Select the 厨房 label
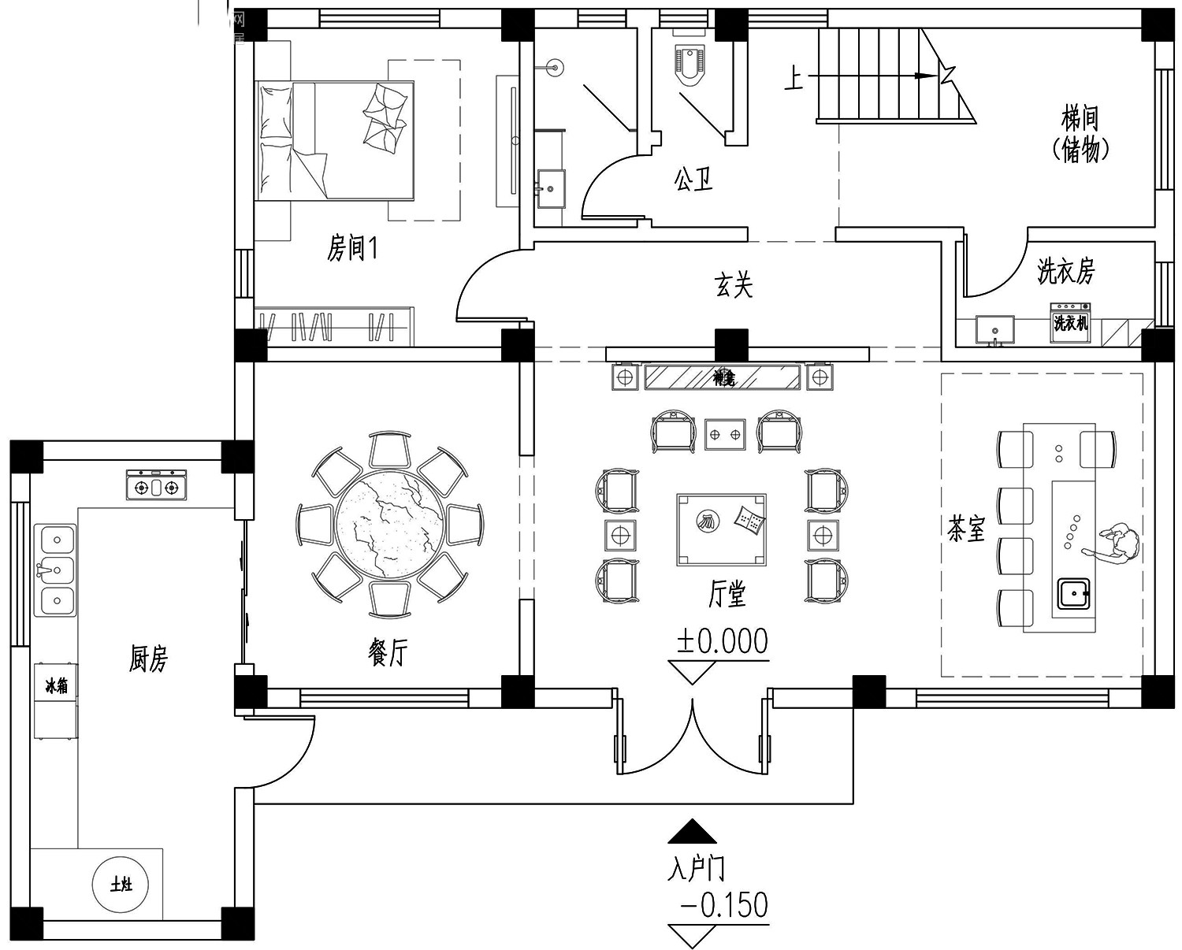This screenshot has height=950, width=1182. [148, 659]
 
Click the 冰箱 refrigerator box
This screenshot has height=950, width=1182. [56, 685]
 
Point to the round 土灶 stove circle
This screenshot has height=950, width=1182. [121, 885]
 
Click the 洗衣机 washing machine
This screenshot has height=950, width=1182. [1070, 323]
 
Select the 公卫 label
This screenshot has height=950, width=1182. [693, 180]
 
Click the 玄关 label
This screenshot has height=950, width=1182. [734, 284]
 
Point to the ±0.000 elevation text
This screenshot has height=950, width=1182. [722, 641]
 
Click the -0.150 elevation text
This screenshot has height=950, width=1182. [723, 905]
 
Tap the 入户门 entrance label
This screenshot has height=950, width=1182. [696, 869]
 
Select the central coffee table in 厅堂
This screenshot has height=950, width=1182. [721, 529]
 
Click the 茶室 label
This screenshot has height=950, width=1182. [966, 529]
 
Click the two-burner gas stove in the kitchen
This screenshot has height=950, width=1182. [157, 486]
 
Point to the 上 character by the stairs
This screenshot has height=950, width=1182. [794, 79]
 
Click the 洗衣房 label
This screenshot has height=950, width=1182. [1065, 272]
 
